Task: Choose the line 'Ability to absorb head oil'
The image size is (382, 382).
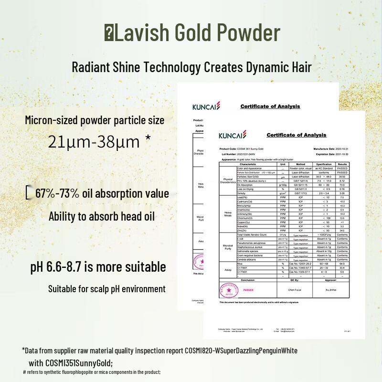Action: tap(102, 216)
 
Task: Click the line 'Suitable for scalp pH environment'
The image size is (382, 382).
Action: tap(107, 289)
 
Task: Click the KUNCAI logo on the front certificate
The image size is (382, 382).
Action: tap(233, 136)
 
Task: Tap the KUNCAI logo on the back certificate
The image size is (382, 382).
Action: tap(206, 106)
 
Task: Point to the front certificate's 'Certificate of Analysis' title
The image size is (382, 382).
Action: tap(296, 135)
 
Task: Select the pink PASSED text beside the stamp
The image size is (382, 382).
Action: tap(248, 289)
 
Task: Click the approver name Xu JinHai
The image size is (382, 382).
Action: tap(337, 289)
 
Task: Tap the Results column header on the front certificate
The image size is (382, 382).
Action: tap(342, 164)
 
